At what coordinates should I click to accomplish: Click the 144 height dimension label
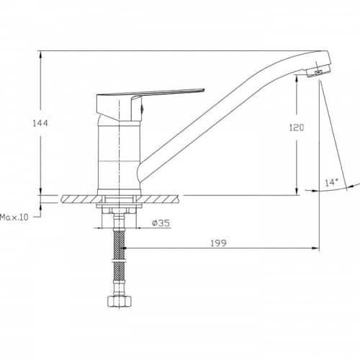[x=40, y=123]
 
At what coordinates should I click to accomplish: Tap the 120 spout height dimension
[x=297, y=127]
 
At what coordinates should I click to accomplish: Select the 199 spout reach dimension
[x=218, y=243]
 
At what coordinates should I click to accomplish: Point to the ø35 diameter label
[x=161, y=223]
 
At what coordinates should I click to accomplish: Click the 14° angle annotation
[x=331, y=182]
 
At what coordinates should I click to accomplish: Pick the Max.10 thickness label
[x=14, y=217]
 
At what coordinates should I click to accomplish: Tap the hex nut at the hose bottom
[x=120, y=301]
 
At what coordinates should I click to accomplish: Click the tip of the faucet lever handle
[x=204, y=90]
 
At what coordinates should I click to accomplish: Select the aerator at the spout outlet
[x=319, y=71]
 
